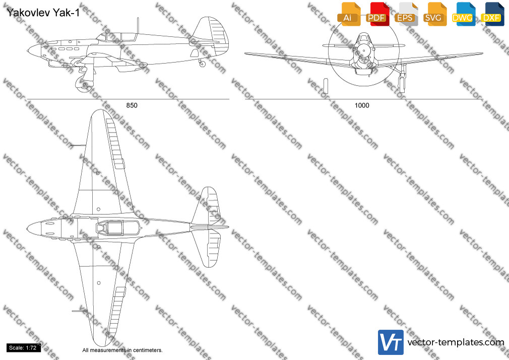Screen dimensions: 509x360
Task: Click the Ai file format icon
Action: tap(349, 14)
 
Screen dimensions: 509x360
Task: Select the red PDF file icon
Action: tap(377, 14)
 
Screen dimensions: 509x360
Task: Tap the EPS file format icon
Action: tap(406, 14)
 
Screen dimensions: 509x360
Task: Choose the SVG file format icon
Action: tap(434, 14)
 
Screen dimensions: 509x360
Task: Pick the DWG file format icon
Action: tap(463, 14)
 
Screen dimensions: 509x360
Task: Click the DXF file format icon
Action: tap(492, 14)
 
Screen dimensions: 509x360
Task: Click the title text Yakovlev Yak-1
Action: tap(43, 13)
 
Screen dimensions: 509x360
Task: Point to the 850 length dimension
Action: tap(132, 105)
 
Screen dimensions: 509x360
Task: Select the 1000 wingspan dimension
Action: tap(362, 105)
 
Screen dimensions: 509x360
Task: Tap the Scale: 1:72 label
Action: tap(23, 348)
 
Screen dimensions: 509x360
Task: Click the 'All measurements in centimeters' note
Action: tap(122, 350)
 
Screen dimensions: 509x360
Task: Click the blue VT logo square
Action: tap(391, 342)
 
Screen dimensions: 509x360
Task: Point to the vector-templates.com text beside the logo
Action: tap(456, 342)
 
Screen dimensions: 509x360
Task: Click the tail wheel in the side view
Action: tap(202, 64)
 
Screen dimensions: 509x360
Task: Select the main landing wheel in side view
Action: tap(82, 84)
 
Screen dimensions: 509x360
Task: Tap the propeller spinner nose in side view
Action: tap(34, 51)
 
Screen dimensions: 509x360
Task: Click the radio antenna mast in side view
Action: tap(138, 25)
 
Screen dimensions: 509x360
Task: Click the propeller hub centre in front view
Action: tap(364, 51)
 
